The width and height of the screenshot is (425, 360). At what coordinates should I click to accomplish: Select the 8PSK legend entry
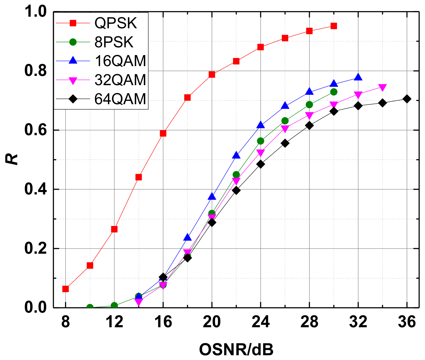pyautogui.click(x=114, y=43)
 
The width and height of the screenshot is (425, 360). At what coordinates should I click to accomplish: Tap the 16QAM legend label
pyautogui.click(x=120, y=61)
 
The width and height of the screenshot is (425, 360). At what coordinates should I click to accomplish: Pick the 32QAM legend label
pyautogui.click(x=120, y=80)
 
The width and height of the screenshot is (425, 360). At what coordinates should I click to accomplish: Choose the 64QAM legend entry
pyautogui.click(x=120, y=99)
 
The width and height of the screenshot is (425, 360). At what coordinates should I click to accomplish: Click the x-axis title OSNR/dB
pyautogui.click(x=236, y=350)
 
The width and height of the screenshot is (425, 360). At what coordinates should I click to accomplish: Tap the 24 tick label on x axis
pyautogui.click(x=260, y=322)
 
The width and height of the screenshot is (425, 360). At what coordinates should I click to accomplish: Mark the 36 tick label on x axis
pyautogui.click(x=407, y=322)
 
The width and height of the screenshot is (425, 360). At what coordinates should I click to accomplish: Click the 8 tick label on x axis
pyautogui.click(x=65, y=322)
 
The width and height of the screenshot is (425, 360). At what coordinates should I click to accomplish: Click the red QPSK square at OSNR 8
pyautogui.click(x=65, y=289)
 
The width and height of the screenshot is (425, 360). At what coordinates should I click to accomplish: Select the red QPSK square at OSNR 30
pyautogui.click(x=334, y=26)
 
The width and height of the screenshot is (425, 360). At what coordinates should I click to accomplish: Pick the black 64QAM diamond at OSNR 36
pyautogui.click(x=407, y=99)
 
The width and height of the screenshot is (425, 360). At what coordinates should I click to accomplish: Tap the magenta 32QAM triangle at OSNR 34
pyautogui.click(x=382, y=88)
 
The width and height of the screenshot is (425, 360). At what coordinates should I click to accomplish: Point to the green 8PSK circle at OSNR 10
pyautogui.click(x=90, y=307)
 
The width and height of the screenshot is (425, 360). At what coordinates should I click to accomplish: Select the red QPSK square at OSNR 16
pyautogui.click(x=163, y=133)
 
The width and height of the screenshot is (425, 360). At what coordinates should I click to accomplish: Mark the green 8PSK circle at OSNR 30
pyautogui.click(x=334, y=92)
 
